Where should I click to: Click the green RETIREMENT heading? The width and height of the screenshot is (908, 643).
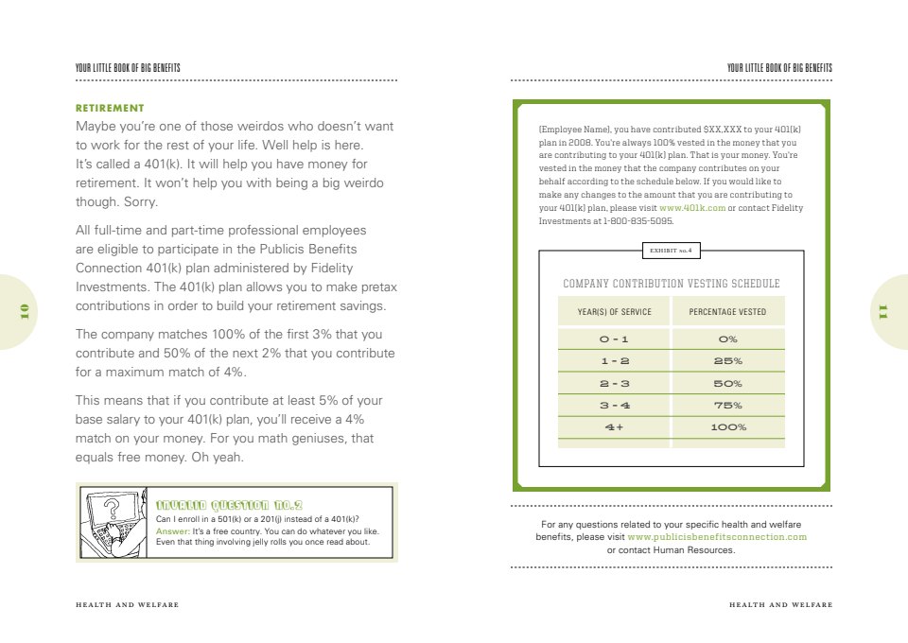[x=110, y=108]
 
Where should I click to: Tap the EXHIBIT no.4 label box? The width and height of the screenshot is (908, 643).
[x=671, y=251]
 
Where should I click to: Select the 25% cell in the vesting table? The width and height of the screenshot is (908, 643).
[x=727, y=361]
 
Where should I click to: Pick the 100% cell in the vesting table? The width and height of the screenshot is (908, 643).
[x=727, y=427]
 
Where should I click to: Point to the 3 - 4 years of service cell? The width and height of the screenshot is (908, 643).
[x=614, y=406]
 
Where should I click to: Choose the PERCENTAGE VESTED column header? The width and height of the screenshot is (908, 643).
[x=727, y=312]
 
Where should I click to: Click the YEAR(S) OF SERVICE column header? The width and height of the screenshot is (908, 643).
[x=614, y=312]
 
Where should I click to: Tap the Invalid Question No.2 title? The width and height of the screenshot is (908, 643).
[x=229, y=504]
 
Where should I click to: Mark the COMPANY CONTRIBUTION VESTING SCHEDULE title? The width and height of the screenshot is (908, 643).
[x=671, y=284]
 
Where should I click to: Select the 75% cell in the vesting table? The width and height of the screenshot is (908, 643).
[x=727, y=406]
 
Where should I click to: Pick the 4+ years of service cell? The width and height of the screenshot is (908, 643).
[x=614, y=427]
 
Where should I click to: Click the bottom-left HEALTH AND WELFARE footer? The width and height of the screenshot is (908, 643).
[x=127, y=604]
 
